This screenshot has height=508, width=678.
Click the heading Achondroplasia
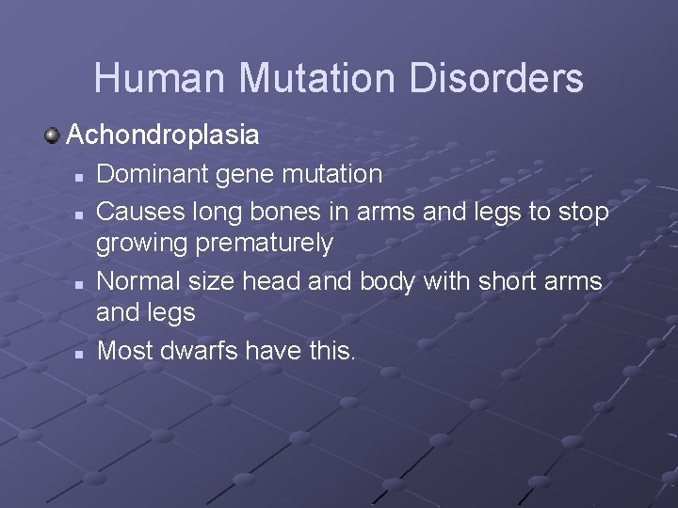[x=163, y=135]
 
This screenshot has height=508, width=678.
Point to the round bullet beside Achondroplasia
[x=53, y=135]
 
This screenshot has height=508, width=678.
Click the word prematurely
[x=266, y=245]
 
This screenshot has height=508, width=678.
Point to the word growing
[x=142, y=245]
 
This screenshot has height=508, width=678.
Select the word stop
[x=583, y=213]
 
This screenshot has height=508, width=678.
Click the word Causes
[x=140, y=212]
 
